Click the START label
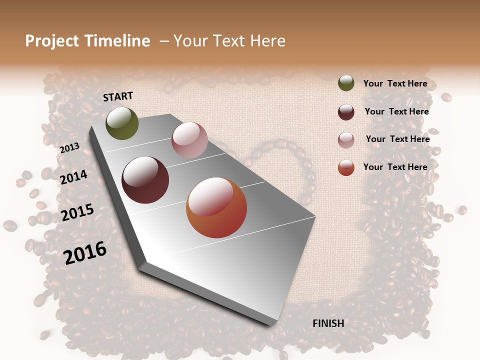point(118,96)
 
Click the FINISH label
point(328,323)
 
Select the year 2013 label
point(69,148)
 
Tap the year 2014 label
point(74,177)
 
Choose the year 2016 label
point(85,252)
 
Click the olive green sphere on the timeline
point(122,123)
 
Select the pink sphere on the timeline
point(189,140)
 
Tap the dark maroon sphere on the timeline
point(145,180)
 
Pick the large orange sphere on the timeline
point(216,207)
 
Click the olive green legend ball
point(346,83)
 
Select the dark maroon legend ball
point(346,112)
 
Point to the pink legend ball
point(346,140)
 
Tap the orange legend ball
point(346,167)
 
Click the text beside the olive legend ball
point(395,84)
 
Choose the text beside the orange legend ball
point(395,167)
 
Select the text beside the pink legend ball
point(397,139)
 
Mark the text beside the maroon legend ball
point(396,111)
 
